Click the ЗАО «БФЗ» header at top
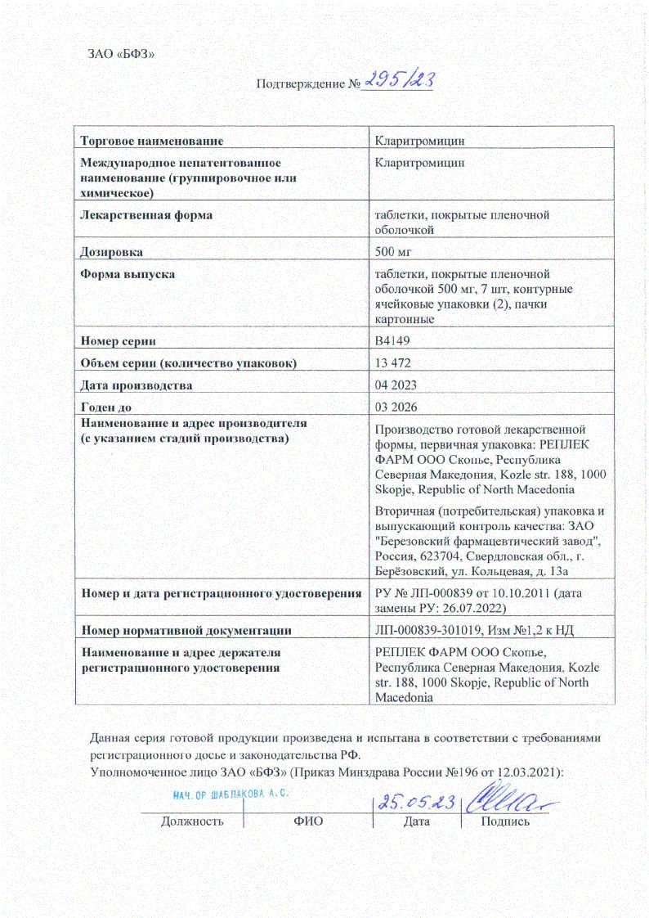pos(120,54)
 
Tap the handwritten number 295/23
pos(398,80)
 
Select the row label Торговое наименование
pos(151,142)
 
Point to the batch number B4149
pos(391,340)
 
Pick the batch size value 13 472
pos(392,362)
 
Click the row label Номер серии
pos(118,340)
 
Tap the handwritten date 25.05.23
pos(414,803)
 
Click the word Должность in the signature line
pos(191,821)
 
